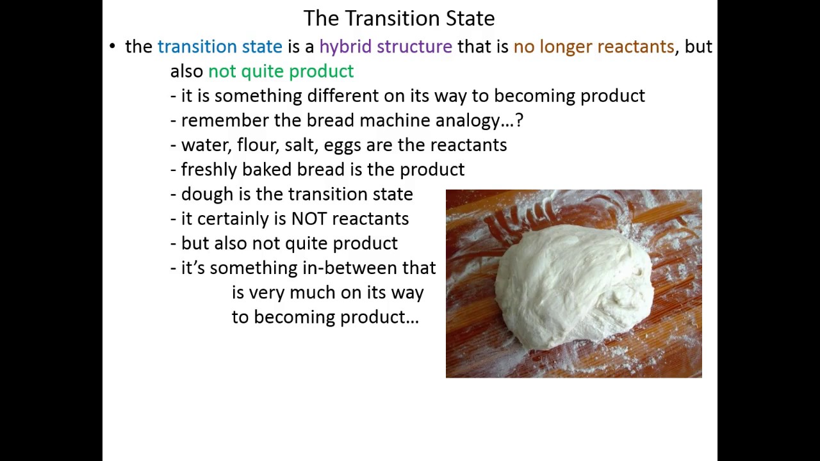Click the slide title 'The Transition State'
tap(398, 18)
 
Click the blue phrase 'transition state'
tap(220, 47)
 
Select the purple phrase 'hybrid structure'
tap(386, 47)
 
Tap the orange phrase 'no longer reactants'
tap(593, 47)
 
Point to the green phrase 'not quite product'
tap(281, 71)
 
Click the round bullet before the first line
tap(113, 46)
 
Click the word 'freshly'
tap(209, 170)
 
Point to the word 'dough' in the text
tap(207, 195)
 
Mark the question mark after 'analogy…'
tap(519, 120)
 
